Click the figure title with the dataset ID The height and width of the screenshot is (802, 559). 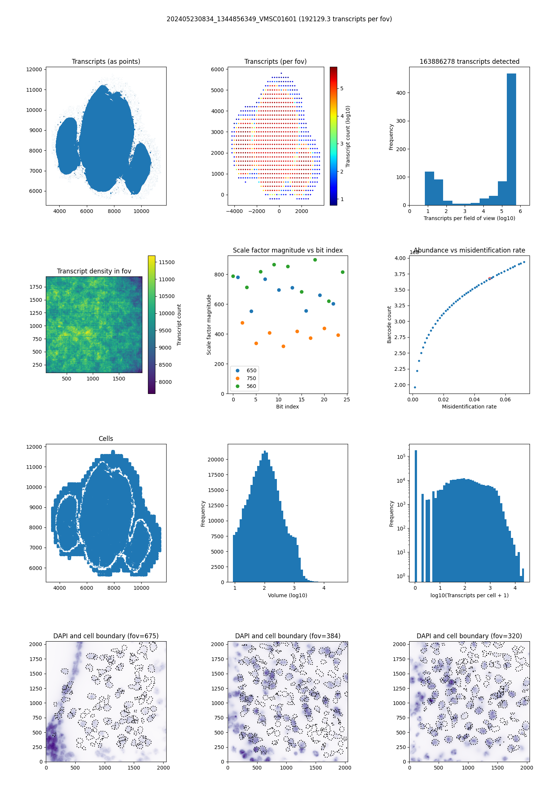[279, 19]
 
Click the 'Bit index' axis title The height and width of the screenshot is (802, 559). [287, 407]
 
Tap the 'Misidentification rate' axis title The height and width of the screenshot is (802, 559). [469, 407]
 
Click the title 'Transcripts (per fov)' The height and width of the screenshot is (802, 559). [275, 62]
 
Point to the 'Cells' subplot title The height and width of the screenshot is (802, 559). [106, 439]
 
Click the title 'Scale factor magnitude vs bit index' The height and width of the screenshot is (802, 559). [288, 250]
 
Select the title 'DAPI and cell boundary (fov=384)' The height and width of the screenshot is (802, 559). [288, 636]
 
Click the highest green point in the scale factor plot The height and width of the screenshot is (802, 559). [315, 260]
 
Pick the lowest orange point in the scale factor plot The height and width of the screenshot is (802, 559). [283, 347]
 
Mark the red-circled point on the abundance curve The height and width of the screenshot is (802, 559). [490, 279]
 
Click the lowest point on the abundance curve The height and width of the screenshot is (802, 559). [415, 387]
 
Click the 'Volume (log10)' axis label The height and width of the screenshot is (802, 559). [287, 595]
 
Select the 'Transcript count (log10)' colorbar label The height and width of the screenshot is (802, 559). [348, 136]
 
